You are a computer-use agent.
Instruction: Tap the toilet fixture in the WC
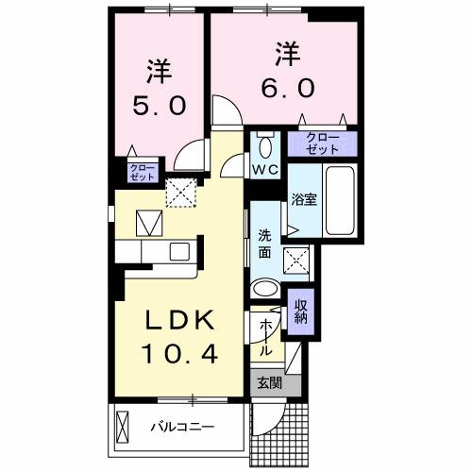[x=264, y=146]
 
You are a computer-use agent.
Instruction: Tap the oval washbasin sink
[x=266, y=290]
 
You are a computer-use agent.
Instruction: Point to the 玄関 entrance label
[x=268, y=383]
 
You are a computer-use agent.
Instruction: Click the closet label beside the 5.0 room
[x=139, y=173]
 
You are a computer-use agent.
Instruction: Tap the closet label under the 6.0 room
[x=324, y=144]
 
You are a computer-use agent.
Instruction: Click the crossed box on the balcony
[x=125, y=428]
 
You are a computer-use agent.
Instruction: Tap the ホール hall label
[x=266, y=337]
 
